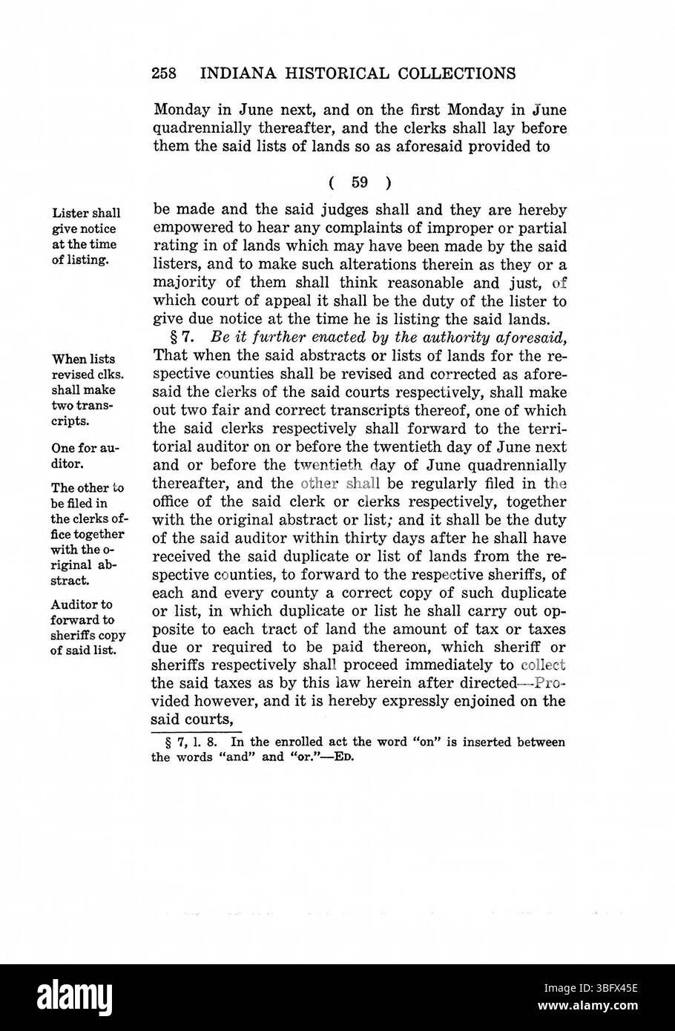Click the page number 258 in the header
(x=164, y=73)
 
